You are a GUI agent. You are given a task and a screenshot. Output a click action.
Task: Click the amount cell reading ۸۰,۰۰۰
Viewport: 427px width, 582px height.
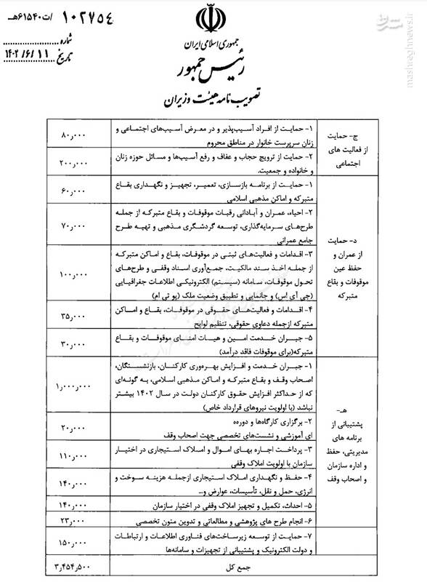pos(73,137)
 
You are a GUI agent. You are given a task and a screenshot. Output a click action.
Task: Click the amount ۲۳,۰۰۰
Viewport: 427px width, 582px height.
pos(73,521)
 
